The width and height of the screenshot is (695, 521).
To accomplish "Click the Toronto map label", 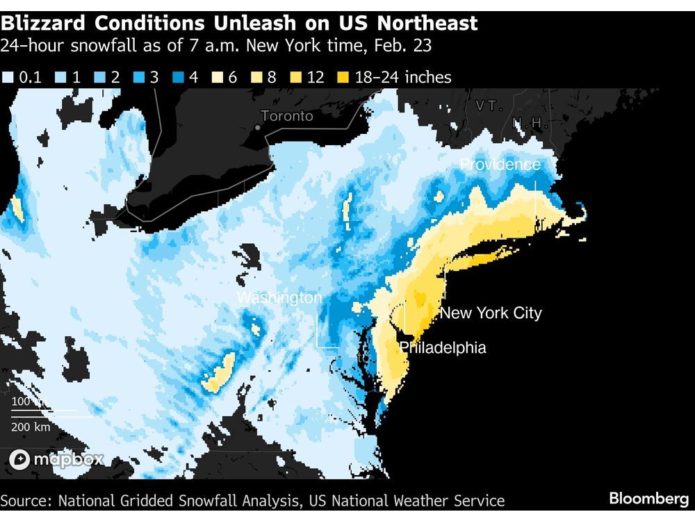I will click(x=287, y=116).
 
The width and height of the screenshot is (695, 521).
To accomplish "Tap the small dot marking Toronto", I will click(x=258, y=127).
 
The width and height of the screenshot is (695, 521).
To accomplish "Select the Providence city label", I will click(x=500, y=165).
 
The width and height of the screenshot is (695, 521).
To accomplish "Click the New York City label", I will click(x=491, y=313).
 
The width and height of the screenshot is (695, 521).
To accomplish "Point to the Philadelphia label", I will click(x=443, y=347).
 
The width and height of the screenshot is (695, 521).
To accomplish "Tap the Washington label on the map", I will click(x=279, y=298).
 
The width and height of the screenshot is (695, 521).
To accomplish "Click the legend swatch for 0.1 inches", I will click(x=8, y=77).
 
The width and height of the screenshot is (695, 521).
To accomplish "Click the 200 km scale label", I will click(x=31, y=427).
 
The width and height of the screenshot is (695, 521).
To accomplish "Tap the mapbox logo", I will click(x=57, y=459).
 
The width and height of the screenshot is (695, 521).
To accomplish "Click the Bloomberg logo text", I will click(x=648, y=499).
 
